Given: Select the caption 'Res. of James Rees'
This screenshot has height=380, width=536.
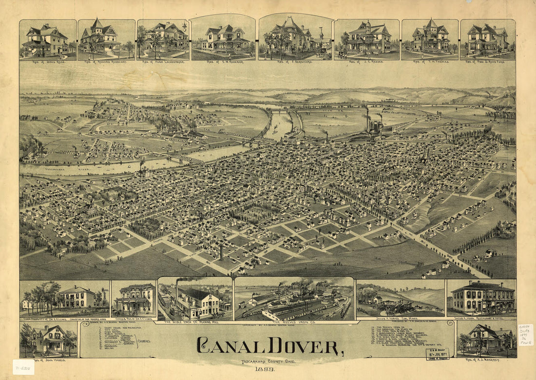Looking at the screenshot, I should pyautogui.click(x=47, y=62).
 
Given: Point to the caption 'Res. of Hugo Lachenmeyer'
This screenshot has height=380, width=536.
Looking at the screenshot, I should pyautogui.click(x=163, y=62).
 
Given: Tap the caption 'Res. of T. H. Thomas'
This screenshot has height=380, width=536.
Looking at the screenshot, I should pyautogui.click(x=430, y=62).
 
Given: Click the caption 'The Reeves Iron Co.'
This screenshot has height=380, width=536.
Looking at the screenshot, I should pyautogui.click(x=294, y=322).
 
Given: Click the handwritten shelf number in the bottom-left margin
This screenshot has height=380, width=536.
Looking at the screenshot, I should pyautogui.click(x=23, y=367).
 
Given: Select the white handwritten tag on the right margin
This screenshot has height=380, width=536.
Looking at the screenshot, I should pyautogui.click(x=525, y=335).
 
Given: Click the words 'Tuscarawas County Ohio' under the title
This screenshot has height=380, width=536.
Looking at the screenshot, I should pyautogui.click(x=267, y=361).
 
